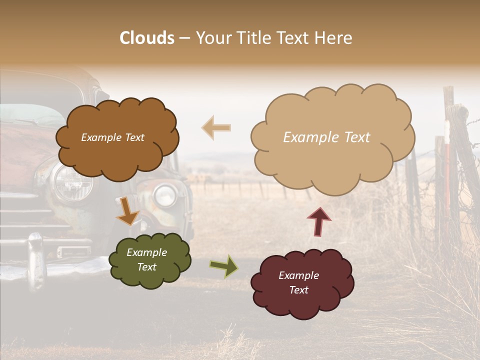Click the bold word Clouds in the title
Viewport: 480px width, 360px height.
tap(147, 38)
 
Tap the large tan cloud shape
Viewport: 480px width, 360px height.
tap(332, 137)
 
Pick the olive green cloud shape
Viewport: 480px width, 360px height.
tap(149, 260)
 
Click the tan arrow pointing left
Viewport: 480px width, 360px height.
tap(216, 127)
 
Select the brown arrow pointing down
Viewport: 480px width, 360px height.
tap(127, 210)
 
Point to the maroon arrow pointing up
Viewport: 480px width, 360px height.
tap(318, 220)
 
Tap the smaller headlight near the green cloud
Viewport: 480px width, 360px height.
tap(164, 195)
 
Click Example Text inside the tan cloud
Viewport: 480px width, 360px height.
tap(326, 137)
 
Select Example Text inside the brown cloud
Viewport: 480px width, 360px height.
tap(112, 137)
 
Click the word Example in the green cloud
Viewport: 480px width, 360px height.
tap(146, 252)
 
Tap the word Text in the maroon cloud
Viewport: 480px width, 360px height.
tap(298, 290)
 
